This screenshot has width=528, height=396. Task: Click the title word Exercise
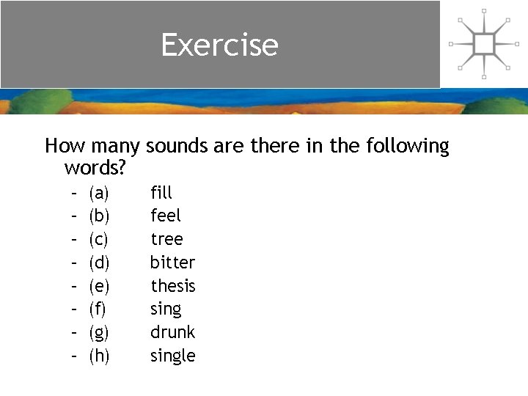click(x=220, y=45)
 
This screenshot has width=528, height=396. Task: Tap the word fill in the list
click(x=161, y=193)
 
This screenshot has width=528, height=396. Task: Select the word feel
click(x=166, y=216)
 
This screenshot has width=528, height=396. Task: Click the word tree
click(x=166, y=239)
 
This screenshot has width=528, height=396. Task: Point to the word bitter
click(x=172, y=262)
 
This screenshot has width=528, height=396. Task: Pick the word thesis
click(x=173, y=285)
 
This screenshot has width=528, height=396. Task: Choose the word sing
click(x=166, y=309)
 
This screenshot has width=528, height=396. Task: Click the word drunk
click(x=172, y=332)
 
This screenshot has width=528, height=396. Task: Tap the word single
click(x=173, y=356)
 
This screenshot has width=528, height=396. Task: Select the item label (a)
click(x=98, y=194)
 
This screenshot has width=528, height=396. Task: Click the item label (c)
click(x=98, y=240)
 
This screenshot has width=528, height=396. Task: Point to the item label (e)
click(x=98, y=286)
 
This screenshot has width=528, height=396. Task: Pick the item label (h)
click(x=98, y=356)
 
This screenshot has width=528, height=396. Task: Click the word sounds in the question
click(x=177, y=146)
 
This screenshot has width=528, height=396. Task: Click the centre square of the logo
click(x=484, y=44)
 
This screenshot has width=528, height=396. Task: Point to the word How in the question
click(x=62, y=146)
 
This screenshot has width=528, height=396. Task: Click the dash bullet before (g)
click(x=75, y=332)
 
